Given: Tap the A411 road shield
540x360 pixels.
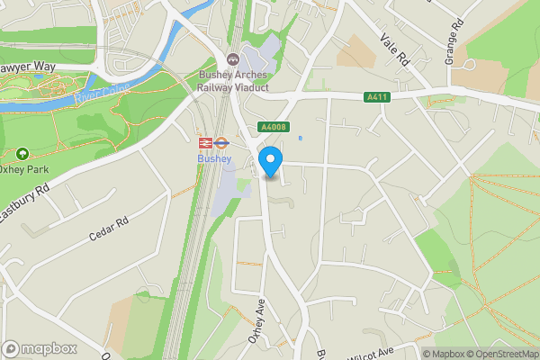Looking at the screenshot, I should [376, 96].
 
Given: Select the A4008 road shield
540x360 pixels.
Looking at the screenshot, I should [272, 128].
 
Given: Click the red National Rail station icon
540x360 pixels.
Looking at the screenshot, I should [204, 142].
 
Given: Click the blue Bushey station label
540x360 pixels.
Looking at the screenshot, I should [214, 159].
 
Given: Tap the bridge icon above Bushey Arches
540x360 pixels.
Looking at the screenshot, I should [233, 58].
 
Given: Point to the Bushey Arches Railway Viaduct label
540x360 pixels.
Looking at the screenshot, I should [233, 82].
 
